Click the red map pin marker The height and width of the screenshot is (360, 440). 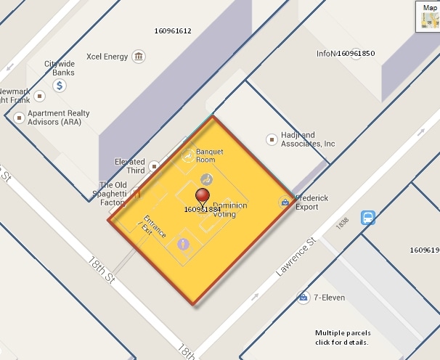(x=203, y=195)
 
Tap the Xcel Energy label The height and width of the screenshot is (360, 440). (x=107, y=57)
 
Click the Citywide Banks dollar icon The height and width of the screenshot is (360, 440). (x=60, y=86)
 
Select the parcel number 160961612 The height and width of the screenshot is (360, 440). (x=173, y=31)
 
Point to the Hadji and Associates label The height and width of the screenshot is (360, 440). (x=308, y=139)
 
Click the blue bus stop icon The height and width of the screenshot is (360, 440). (x=368, y=217)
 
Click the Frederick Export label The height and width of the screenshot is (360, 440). (x=311, y=202)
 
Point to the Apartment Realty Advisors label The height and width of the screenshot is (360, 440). (x=58, y=118)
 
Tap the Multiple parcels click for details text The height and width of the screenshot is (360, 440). (x=342, y=337)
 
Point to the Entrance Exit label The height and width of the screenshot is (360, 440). (x=152, y=225)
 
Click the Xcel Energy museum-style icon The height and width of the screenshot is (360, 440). (x=139, y=57)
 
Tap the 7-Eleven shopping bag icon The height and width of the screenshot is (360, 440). (x=301, y=298)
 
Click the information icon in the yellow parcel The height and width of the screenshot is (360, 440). (x=184, y=243)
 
